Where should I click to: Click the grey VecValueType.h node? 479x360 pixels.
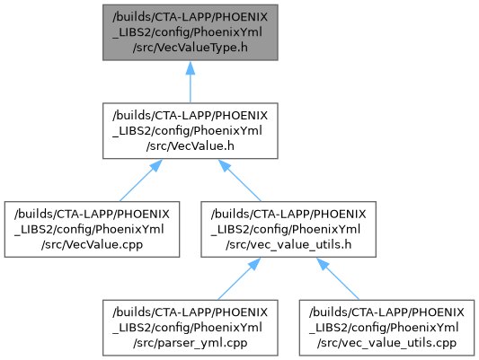190,32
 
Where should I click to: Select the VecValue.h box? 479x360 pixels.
190,131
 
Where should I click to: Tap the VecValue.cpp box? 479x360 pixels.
92,230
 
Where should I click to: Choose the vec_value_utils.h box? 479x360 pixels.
288,230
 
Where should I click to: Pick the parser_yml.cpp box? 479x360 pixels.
190,328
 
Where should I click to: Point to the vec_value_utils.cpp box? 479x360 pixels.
386,328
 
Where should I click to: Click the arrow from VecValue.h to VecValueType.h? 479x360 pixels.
190,82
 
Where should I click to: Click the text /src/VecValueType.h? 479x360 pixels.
190,48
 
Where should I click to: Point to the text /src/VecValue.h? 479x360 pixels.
190,146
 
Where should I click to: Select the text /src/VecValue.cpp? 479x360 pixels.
92,245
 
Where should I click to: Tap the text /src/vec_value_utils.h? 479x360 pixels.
288,245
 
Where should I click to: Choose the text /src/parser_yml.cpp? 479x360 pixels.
190,343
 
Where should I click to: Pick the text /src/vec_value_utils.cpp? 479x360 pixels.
386,343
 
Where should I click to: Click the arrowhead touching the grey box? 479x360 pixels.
190,67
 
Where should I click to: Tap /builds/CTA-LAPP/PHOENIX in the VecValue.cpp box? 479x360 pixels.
92,215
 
